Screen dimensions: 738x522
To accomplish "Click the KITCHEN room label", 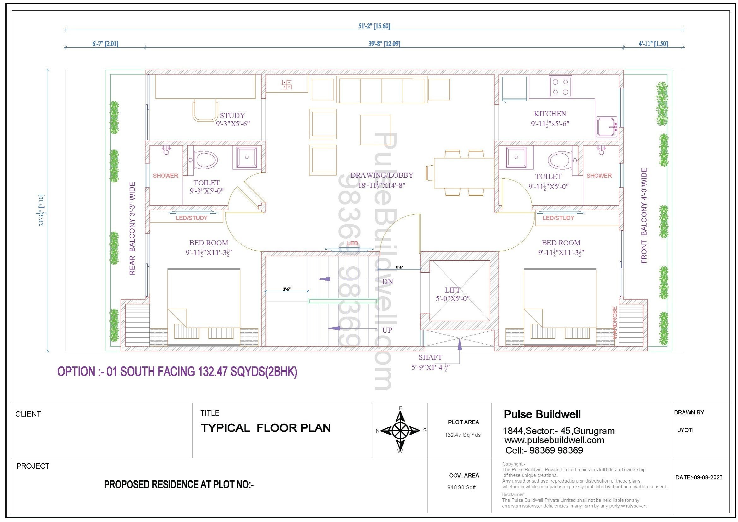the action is (550, 114).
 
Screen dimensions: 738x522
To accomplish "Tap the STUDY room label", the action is (233, 116).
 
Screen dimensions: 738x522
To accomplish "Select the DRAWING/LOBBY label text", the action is (382, 175).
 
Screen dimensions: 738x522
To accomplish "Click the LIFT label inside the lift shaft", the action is (452, 290).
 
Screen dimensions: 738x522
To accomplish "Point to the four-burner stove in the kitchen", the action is (560, 87).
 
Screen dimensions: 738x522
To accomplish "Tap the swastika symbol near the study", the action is (286, 85).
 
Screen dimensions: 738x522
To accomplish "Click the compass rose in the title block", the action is (400, 430).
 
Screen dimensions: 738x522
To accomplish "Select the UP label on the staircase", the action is (387, 330).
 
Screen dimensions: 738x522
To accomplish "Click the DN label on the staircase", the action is (387, 282).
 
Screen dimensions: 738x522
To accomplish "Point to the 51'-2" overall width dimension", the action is (375, 26).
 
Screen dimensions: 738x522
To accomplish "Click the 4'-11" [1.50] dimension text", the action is (653, 44).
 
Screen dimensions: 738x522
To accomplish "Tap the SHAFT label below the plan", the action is (430, 357).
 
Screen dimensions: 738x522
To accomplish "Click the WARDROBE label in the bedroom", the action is (615, 323).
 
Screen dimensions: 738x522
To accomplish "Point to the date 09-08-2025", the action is (699, 478).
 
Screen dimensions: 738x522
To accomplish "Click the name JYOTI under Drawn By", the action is (686, 430).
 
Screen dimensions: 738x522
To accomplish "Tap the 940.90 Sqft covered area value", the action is (462, 487).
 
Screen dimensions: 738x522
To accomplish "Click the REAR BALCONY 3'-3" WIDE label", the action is (132, 228).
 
